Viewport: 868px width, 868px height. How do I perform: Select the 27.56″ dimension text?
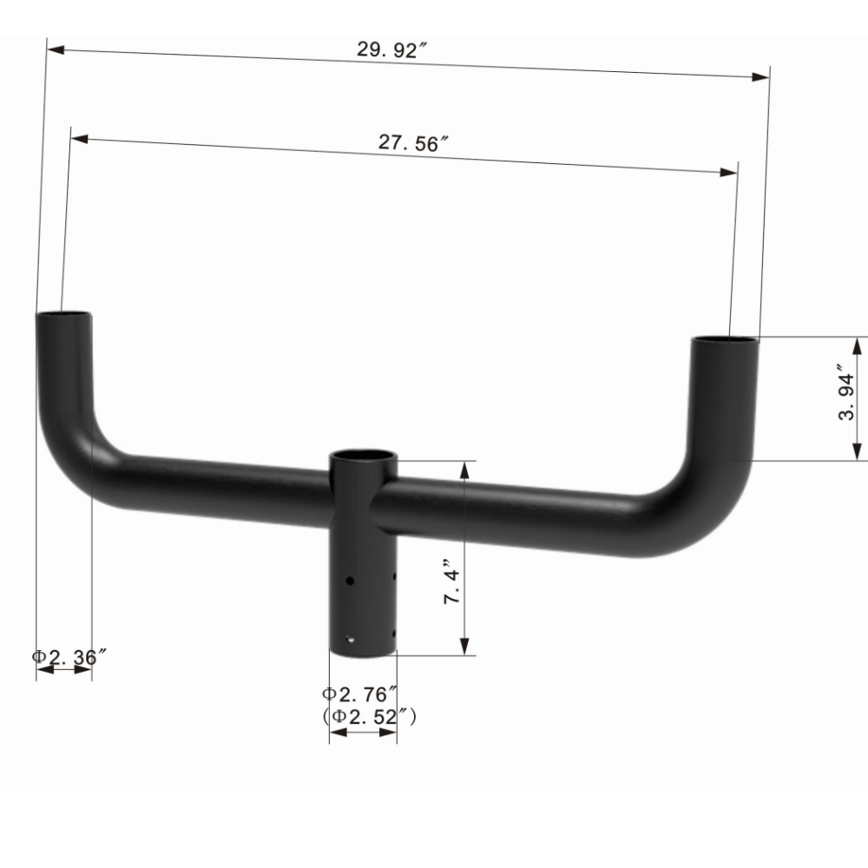[413, 144]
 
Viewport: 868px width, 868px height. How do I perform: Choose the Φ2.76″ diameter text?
[360, 694]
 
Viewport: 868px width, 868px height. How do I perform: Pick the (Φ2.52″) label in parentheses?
[370, 716]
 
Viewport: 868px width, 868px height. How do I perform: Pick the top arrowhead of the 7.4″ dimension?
[466, 469]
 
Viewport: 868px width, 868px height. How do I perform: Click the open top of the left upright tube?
[63, 315]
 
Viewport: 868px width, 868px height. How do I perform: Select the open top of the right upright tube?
[725, 341]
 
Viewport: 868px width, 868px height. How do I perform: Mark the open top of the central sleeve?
[364, 455]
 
